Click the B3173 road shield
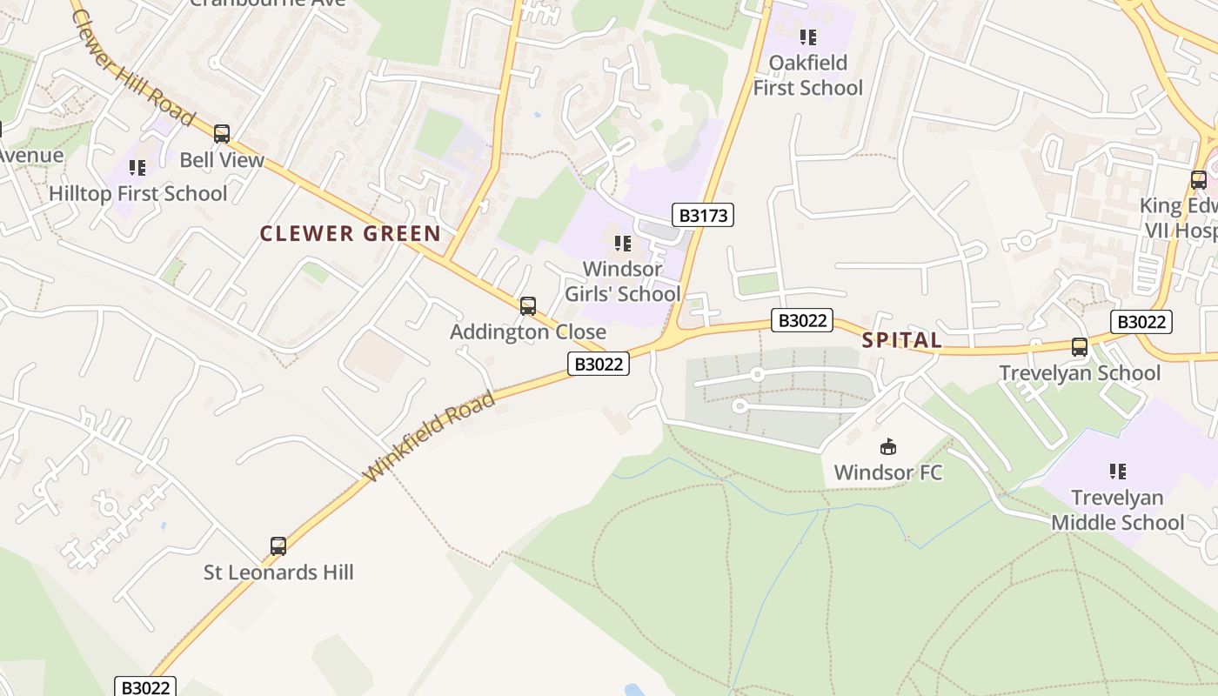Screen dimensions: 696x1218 point(703,215)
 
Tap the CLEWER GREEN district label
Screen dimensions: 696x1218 point(351,233)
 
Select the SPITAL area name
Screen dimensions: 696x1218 point(902,340)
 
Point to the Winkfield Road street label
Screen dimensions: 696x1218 point(430,438)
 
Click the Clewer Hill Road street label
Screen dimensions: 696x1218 point(132,63)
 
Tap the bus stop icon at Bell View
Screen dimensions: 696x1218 point(222,134)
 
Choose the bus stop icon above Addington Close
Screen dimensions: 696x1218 point(528,306)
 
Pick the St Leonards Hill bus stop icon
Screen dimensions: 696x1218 point(278,546)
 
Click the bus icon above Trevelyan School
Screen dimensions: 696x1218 point(1080,347)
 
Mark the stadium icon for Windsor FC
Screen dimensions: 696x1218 point(888,447)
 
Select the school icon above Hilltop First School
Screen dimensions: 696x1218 point(137,167)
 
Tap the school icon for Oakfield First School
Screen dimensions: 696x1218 point(808,37)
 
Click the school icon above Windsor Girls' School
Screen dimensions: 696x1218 point(623,244)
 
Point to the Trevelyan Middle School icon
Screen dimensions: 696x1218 point(1118,472)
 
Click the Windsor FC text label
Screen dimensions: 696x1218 point(888,472)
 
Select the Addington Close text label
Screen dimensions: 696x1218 point(528,331)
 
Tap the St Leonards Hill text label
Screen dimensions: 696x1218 point(278,572)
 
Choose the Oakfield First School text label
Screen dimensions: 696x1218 point(808,75)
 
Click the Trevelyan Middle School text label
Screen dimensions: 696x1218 point(1118,510)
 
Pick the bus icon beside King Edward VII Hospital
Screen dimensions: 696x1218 point(1199,180)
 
